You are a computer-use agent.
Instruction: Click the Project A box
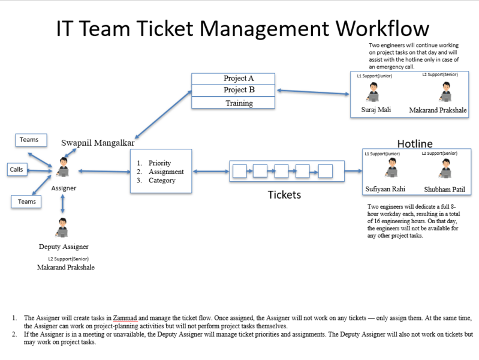click(x=233, y=79)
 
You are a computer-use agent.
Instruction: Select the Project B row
click(x=233, y=90)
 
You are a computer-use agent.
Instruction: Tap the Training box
click(x=233, y=103)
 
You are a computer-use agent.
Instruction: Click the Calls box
click(x=17, y=170)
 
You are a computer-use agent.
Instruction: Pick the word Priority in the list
click(x=159, y=163)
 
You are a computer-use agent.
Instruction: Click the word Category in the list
click(x=162, y=181)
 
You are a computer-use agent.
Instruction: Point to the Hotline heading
click(x=415, y=143)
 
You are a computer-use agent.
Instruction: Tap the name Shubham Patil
click(x=445, y=190)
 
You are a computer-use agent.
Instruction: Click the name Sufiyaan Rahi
click(x=385, y=190)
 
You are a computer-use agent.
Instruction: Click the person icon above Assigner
click(x=62, y=166)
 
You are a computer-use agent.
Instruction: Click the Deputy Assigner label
click(x=64, y=247)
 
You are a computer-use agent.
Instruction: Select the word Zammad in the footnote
click(x=125, y=317)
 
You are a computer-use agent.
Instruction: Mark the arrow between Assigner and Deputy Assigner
click(x=62, y=203)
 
